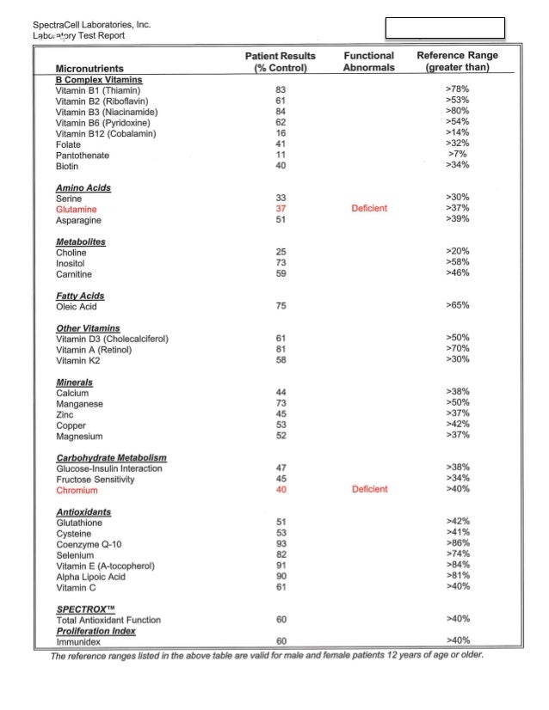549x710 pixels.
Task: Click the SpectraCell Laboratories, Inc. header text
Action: tap(91, 25)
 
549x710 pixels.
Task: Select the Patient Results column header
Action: tap(281, 62)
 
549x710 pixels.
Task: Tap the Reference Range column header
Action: tap(457, 62)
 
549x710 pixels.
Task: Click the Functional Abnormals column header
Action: tap(369, 62)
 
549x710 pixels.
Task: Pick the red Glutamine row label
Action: tap(77, 209)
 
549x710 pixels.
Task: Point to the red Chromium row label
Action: tap(77, 491)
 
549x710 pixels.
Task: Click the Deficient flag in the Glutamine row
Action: tap(369, 208)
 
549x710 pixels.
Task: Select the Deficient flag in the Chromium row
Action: tap(369, 490)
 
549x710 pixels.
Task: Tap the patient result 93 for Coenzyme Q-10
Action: tap(281, 544)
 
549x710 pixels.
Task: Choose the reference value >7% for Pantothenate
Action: tap(458, 155)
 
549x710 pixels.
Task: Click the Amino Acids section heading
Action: tap(83, 187)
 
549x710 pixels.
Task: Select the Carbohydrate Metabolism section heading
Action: tap(111, 458)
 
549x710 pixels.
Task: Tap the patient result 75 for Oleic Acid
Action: tap(281, 305)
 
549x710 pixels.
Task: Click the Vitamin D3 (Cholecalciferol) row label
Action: tap(112, 339)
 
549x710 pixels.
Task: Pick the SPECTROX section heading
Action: tap(87, 609)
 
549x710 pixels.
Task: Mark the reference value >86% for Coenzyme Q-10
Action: tap(458, 544)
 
